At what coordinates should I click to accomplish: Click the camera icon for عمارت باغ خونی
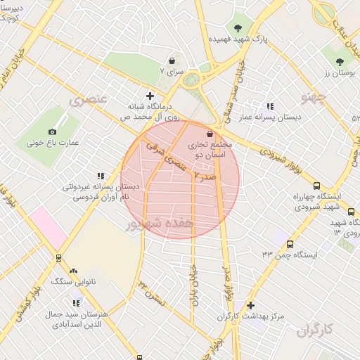click(52, 132)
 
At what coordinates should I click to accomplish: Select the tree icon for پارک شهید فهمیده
click(238, 29)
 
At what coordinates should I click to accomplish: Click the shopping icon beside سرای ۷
click(172, 61)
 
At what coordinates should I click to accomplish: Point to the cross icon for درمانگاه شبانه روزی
click(149, 96)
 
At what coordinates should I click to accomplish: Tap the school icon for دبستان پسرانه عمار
click(269, 106)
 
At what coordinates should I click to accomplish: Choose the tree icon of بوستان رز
click(340, 62)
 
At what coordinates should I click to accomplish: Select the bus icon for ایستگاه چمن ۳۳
click(290, 244)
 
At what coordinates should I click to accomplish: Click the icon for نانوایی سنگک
click(73, 271)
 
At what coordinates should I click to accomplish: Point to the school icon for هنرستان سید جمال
click(76, 304)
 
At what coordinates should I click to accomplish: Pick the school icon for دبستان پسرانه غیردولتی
click(100, 176)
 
